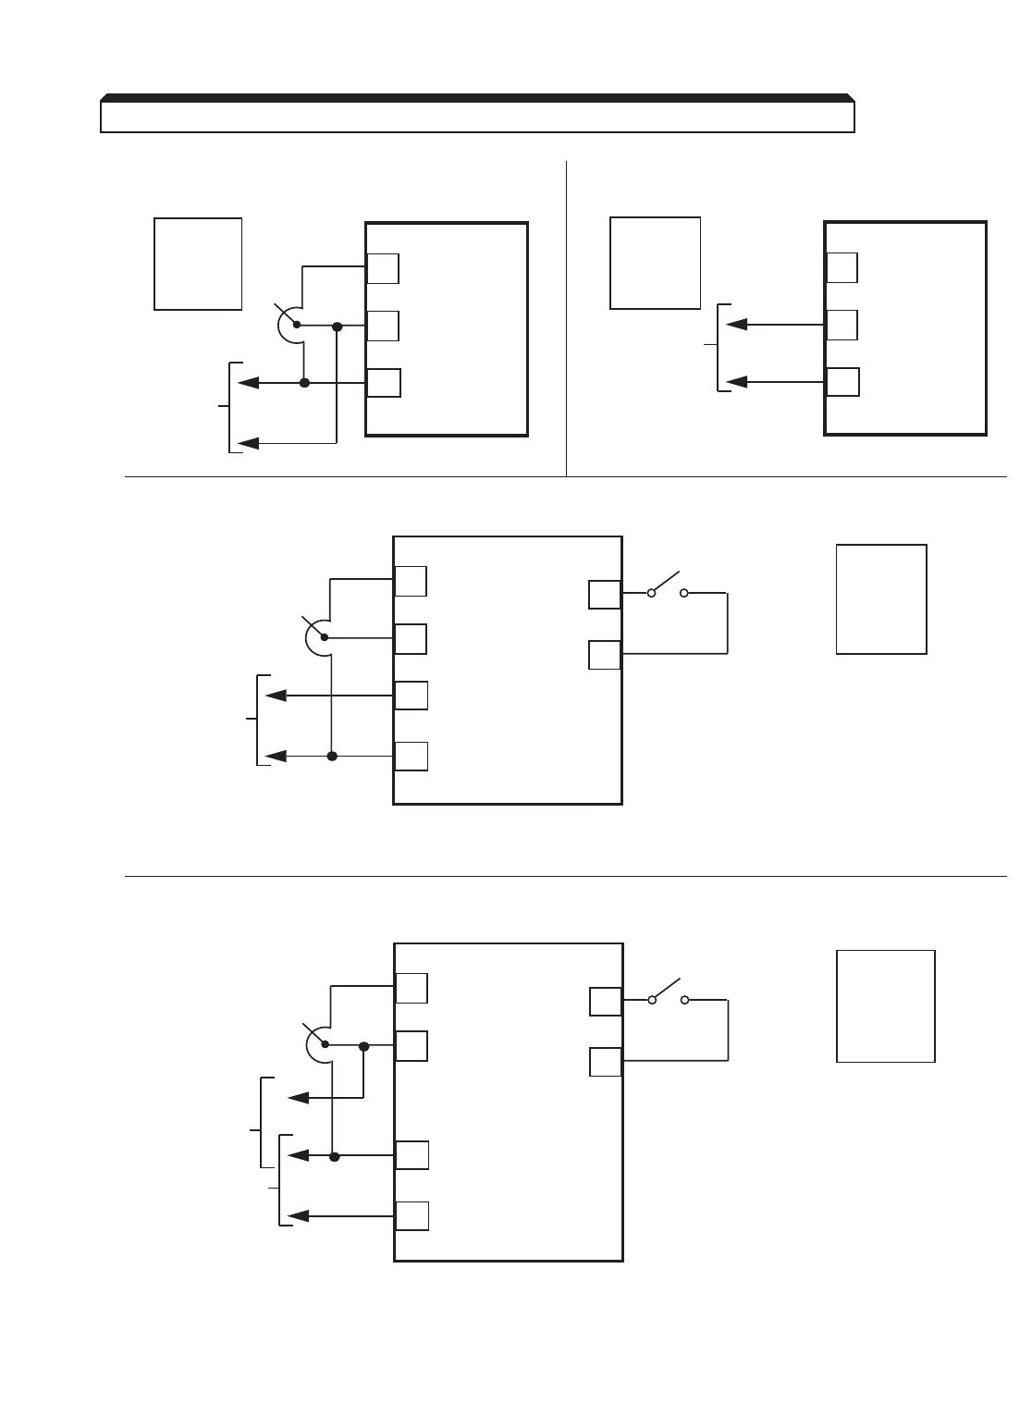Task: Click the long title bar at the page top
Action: tap(477, 117)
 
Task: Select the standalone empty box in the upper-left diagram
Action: tap(198, 264)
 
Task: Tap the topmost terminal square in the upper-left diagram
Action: tap(383, 267)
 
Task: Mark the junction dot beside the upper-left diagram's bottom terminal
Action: tap(304, 383)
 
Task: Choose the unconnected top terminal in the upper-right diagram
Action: tap(842, 267)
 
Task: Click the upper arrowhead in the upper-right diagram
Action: tap(737, 325)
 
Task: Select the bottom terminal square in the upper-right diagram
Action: tap(842, 382)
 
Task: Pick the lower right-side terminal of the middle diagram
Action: tap(605, 655)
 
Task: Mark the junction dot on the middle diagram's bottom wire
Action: tap(332, 757)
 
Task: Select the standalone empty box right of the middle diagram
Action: tap(881, 599)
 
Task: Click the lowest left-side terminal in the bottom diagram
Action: tap(412, 1215)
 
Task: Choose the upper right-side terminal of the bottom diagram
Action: tap(605, 1002)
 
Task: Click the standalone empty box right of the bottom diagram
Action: tap(885, 1005)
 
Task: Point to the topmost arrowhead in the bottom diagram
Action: tap(299, 1097)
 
